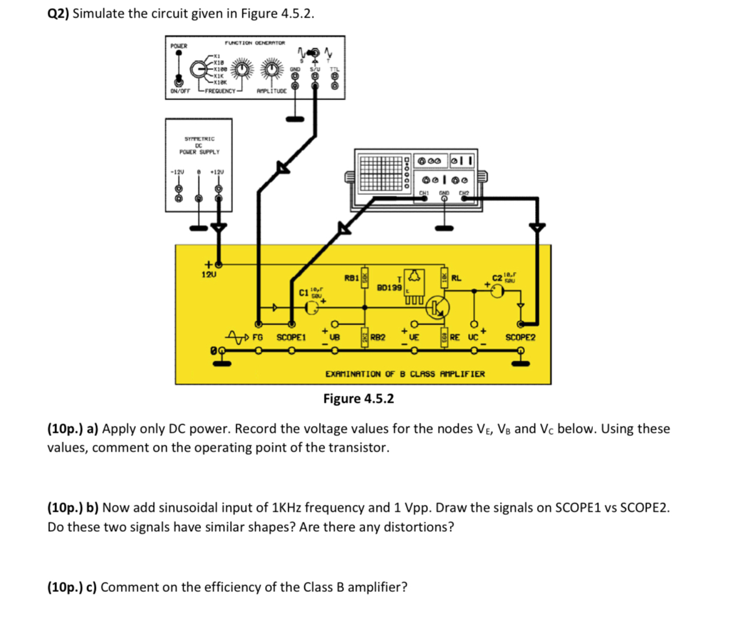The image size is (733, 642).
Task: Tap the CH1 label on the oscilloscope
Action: tap(424, 192)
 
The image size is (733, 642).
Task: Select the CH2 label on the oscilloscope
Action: tap(465, 192)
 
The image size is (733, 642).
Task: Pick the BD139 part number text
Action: tap(389, 288)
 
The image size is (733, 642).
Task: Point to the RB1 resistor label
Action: tap(351, 277)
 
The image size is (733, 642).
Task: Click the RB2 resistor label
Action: tap(378, 338)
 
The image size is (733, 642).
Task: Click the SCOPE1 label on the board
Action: tap(291, 338)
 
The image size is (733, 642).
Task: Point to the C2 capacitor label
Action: tap(498, 277)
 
